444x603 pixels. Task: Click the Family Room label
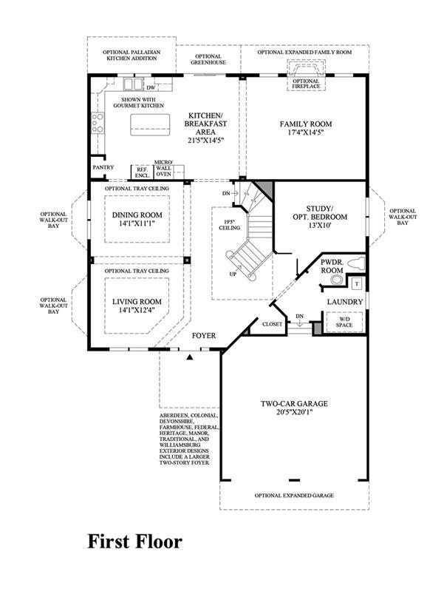point(306,124)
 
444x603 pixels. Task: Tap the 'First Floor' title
point(134,542)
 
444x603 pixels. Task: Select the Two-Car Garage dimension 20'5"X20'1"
point(294,412)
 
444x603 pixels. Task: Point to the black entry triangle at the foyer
point(189,357)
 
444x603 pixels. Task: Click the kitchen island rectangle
point(150,124)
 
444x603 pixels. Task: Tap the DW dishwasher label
point(151,88)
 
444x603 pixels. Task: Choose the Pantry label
point(103,167)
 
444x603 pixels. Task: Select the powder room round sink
point(337,280)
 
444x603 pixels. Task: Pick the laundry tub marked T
point(357,284)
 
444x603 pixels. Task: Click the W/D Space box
point(344,322)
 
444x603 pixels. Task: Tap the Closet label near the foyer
point(273,324)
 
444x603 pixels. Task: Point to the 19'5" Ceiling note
point(229,225)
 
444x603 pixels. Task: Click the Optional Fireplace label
point(306,84)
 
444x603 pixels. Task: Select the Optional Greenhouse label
point(208,59)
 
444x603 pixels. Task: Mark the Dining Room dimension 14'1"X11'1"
point(137,223)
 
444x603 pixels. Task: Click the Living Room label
point(137,302)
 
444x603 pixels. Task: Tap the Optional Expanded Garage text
point(294,495)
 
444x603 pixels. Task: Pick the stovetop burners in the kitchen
point(98,123)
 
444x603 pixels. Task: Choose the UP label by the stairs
point(233,274)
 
